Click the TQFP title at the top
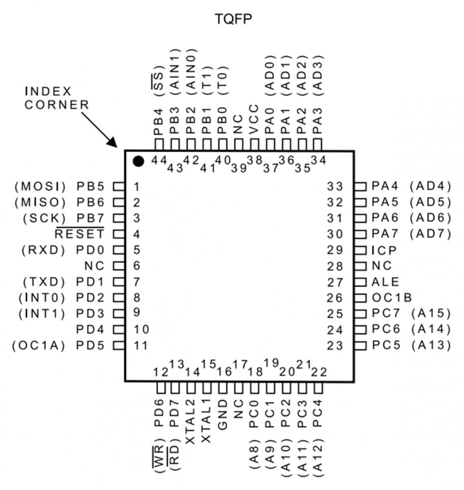pyautogui.click(x=233, y=19)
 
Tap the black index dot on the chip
pyautogui.click(x=138, y=161)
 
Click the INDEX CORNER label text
pyautogui.click(x=56, y=98)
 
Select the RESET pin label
pyautogui.click(x=79, y=234)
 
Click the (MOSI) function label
pyautogui.click(x=40, y=186)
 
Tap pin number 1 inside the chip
pyautogui.click(x=136, y=186)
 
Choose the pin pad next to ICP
pyautogui.click(x=361, y=250)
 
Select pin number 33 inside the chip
pyautogui.click(x=336, y=186)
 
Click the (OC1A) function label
pyautogui.click(x=39, y=345)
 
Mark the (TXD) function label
pyautogui.click(x=44, y=282)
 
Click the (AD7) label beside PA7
pyautogui.click(x=430, y=234)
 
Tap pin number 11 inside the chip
pyautogui.click(x=140, y=345)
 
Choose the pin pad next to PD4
pyautogui.click(x=118, y=329)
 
